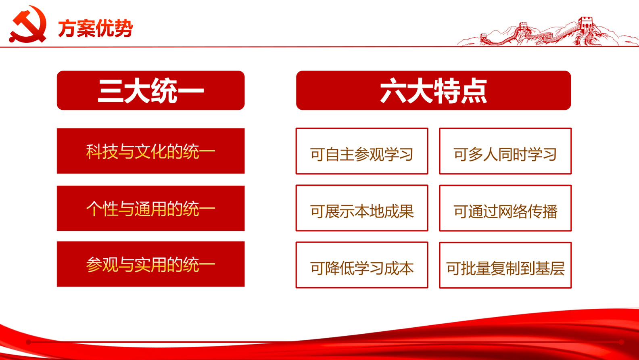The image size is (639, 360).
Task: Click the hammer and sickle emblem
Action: [x=28, y=24]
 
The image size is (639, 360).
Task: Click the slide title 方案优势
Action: [x=96, y=28]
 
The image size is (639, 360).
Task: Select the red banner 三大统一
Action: [x=150, y=90]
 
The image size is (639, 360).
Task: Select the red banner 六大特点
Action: [x=434, y=90]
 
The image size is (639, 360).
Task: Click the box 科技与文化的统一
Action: [x=150, y=151]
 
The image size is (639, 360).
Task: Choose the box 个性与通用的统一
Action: [x=150, y=208]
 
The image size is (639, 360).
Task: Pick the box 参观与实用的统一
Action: [x=150, y=264]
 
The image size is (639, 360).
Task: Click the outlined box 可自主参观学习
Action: [x=362, y=151]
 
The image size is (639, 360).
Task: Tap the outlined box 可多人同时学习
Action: [x=505, y=151]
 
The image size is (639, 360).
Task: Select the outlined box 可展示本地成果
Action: [x=362, y=208]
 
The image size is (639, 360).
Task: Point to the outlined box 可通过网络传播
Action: [x=505, y=208]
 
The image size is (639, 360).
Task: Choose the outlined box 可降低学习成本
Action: [x=362, y=265]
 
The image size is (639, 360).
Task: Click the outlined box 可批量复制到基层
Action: [x=505, y=265]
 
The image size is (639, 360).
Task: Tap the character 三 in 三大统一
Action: [x=111, y=91]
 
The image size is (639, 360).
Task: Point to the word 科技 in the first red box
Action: [x=102, y=152]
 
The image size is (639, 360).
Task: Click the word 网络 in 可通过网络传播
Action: [x=513, y=211]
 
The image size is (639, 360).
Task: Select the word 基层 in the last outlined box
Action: [x=550, y=269]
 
